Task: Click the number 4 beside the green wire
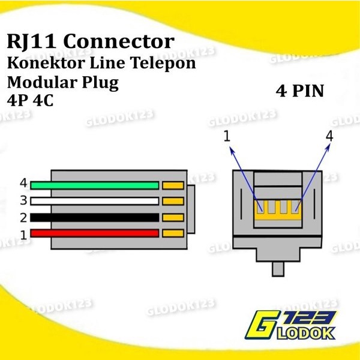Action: click(23, 183)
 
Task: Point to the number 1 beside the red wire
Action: click(23, 235)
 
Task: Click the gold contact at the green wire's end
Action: click(173, 185)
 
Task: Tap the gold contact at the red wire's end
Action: click(173, 233)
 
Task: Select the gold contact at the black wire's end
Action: click(173, 217)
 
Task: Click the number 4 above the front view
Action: click(328, 137)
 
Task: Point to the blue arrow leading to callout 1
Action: click(244, 174)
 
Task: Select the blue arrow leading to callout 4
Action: click(312, 174)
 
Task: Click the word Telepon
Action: click(166, 62)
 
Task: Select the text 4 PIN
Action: click(300, 91)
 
